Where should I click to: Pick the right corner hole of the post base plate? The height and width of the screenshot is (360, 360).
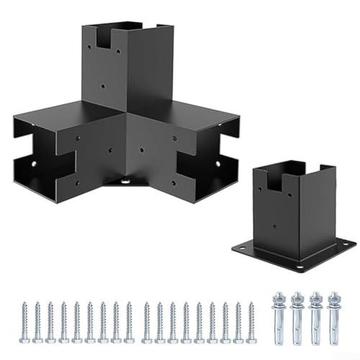coord(347,243)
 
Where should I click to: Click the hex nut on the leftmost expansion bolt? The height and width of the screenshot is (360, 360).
coord(279,299)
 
